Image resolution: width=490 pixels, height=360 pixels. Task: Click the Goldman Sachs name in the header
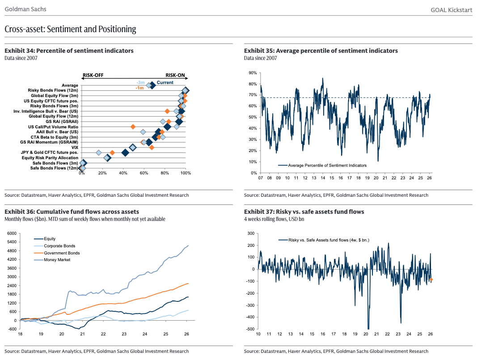coord(25,9)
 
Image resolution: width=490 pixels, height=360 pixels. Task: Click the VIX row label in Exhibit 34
coord(74,147)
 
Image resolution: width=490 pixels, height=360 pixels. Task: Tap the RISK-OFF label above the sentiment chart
coord(93,76)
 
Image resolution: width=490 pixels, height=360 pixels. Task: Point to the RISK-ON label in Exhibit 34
coord(175,76)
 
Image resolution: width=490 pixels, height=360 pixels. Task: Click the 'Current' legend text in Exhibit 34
coord(165,83)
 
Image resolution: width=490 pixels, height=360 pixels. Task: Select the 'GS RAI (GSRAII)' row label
coord(62,121)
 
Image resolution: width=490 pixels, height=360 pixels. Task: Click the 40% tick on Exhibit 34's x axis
coord(123,173)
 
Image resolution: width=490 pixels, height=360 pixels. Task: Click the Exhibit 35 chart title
coord(321,51)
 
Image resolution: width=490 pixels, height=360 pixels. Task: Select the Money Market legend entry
coord(57,260)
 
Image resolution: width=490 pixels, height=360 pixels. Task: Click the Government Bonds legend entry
coord(62,253)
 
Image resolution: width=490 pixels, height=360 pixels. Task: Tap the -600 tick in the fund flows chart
coord(11,329)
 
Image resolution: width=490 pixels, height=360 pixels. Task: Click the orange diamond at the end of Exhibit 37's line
coord(431,280)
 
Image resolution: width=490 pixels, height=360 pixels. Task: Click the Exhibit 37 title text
coord(304,212)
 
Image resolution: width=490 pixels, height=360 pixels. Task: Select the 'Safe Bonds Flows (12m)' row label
coord(54,168)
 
